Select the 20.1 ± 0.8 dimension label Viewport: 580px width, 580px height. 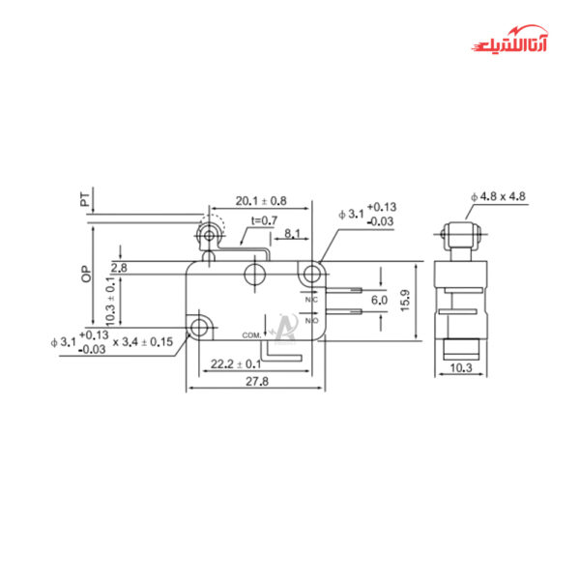pos(260,201)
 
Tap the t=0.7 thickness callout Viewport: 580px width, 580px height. pos(263,221)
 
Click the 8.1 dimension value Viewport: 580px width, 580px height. pos(293,233)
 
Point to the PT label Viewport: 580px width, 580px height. pos(86,201)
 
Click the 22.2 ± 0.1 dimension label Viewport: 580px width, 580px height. pos(236,363)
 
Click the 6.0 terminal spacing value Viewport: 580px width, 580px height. pos(379,302)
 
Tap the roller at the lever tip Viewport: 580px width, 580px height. pos(207,235)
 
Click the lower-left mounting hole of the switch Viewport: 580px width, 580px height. pos(200,327)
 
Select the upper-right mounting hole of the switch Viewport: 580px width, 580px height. pos(311,274)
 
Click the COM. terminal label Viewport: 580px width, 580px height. pos(252,333)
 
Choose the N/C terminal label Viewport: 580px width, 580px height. pos(311,300)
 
